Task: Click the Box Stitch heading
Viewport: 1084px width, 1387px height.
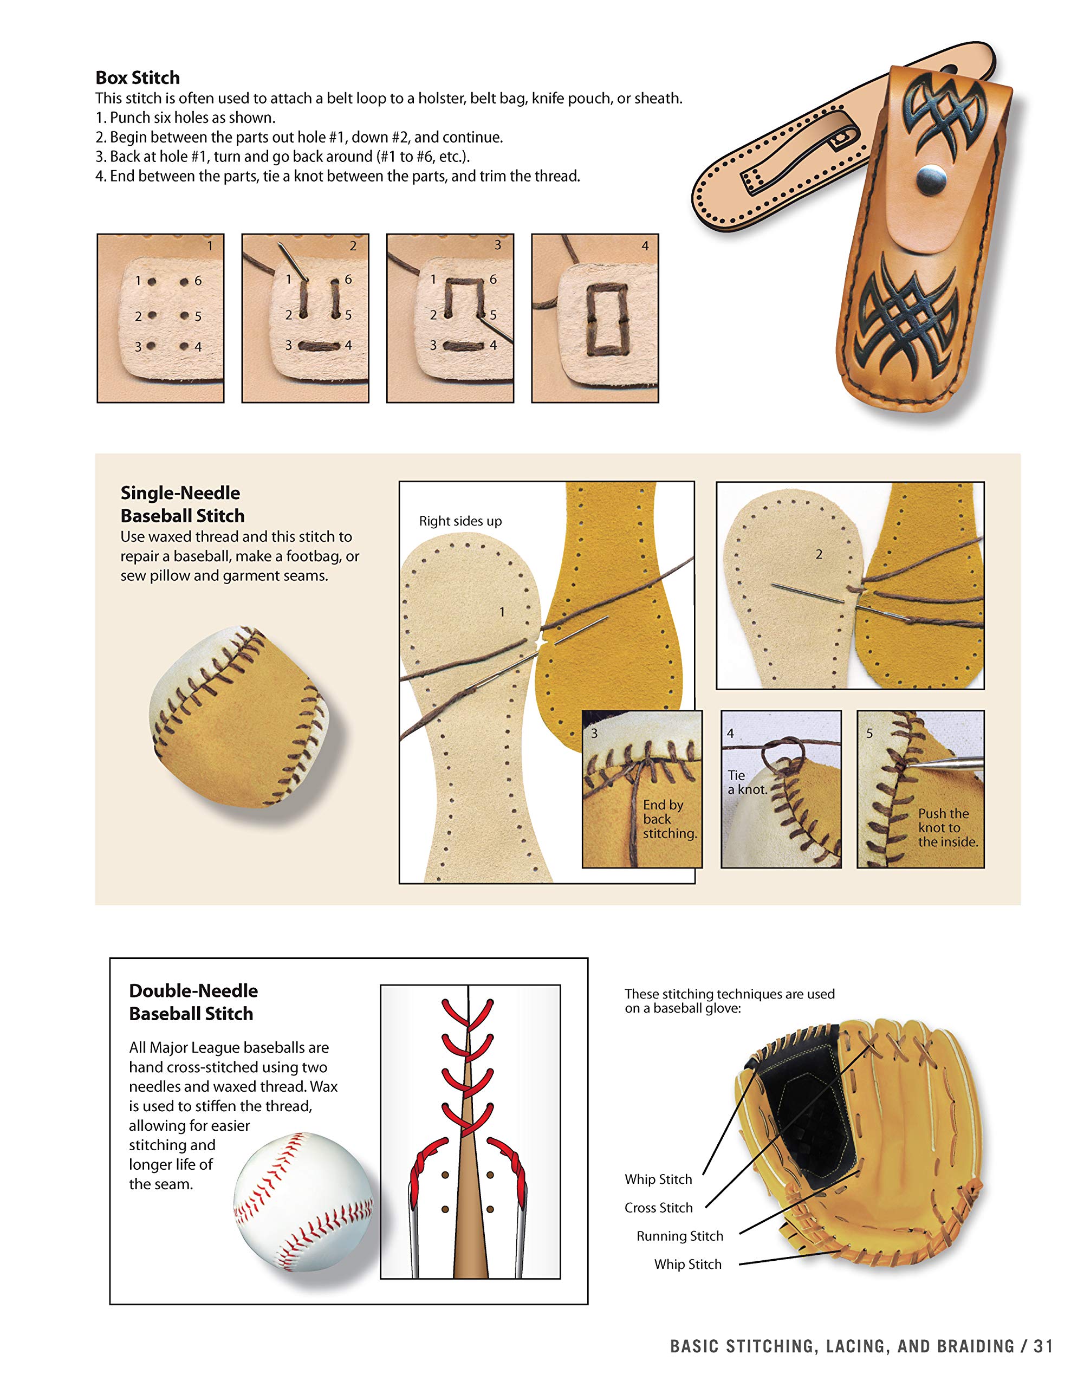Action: pos(137,77)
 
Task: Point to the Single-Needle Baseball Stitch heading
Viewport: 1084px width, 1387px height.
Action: pos(181,504)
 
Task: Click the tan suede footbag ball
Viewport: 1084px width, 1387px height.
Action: pos(244,718)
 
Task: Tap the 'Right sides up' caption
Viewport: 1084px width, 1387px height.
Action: pos(460,521)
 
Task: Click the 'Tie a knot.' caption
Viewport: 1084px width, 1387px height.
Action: pos(747,782)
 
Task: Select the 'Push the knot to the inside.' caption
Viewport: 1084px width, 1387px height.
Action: pos(947,827)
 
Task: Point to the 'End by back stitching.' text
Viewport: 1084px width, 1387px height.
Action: pos(668,819)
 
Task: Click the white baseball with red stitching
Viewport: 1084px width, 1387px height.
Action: pos(303,1202)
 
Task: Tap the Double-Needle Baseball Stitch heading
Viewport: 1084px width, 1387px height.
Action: pos(192,1002)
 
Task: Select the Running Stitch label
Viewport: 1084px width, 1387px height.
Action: pos(679,1236)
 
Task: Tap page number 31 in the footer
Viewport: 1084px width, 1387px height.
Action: pos(1043,1346)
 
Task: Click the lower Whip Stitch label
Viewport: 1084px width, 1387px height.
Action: pos(688,1265)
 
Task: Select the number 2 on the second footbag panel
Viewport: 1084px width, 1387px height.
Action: pos(819,554)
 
